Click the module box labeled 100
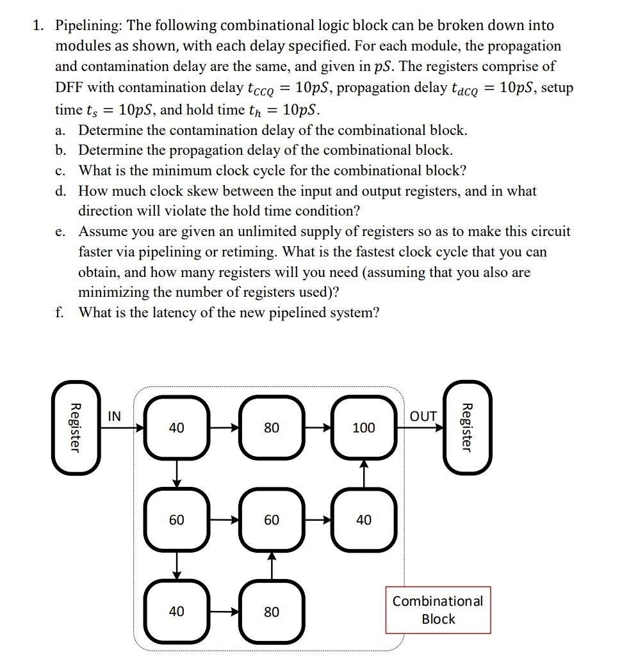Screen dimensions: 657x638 pos(363,427)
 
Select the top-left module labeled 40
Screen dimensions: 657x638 pos(176,427)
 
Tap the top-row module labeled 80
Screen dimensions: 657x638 pos(271,427)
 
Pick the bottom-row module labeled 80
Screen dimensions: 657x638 pos(271,612)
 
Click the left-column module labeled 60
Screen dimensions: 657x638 pos(176,520)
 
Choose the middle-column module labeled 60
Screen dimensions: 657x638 pos(271,520)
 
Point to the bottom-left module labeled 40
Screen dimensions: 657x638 pos(176,612)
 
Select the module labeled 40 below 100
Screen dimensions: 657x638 pos(363,520)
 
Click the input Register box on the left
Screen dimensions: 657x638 pos(76,427)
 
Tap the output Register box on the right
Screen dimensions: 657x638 pos(468,427)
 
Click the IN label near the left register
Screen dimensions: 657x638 pos(114,416)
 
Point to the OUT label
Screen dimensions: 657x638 pos(423,416)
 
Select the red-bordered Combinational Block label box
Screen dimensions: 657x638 pos(438,610)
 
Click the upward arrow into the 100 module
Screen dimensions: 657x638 pos(363,473)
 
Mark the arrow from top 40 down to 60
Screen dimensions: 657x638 pos(176,473)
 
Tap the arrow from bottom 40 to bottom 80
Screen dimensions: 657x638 pos(224,612)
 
